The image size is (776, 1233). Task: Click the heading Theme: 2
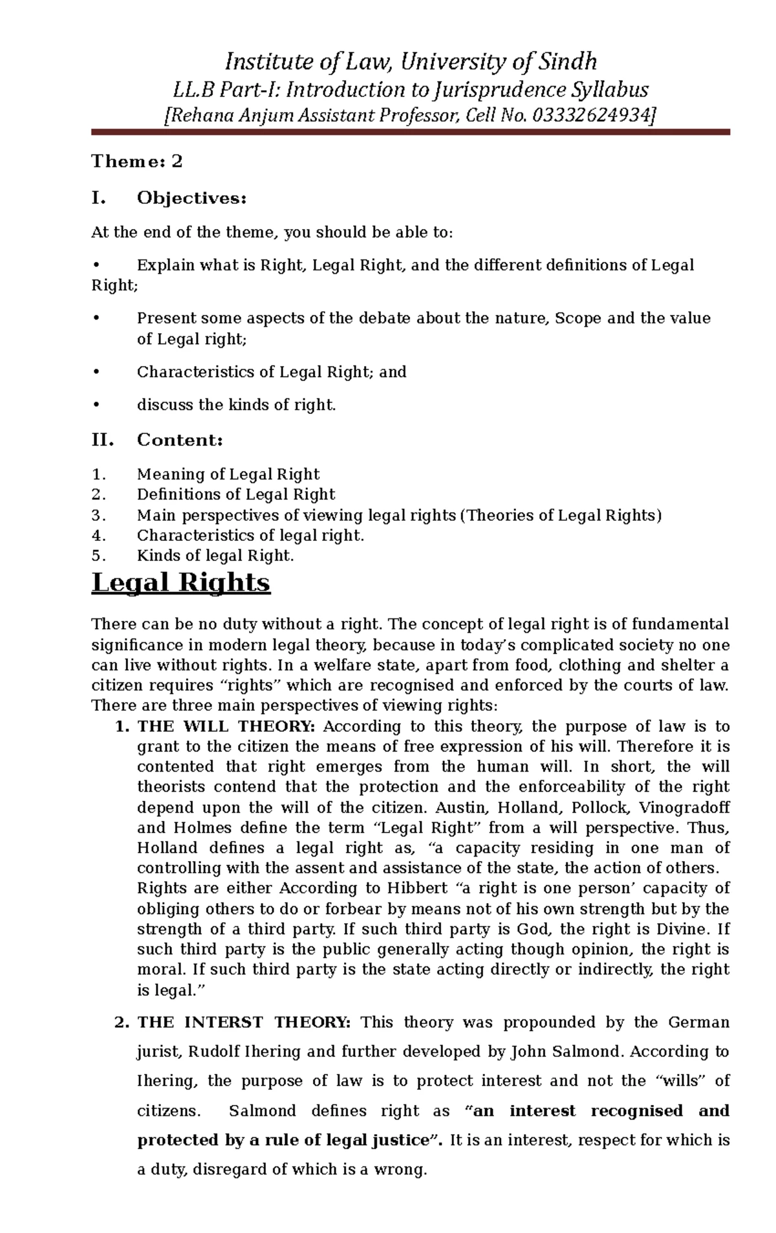(x=137, y=162)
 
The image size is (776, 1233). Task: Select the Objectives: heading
(x=191, y=199)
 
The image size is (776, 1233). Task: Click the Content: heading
(x=180, y=441)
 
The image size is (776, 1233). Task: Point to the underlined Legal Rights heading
(x=181, y=583)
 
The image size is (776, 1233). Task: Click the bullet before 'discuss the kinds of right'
(x=96, y=406)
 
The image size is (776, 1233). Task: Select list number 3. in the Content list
(x=98, y=516)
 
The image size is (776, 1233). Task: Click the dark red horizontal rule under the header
(x=410, y=132)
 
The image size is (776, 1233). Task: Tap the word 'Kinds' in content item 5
(x=156, y=556)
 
